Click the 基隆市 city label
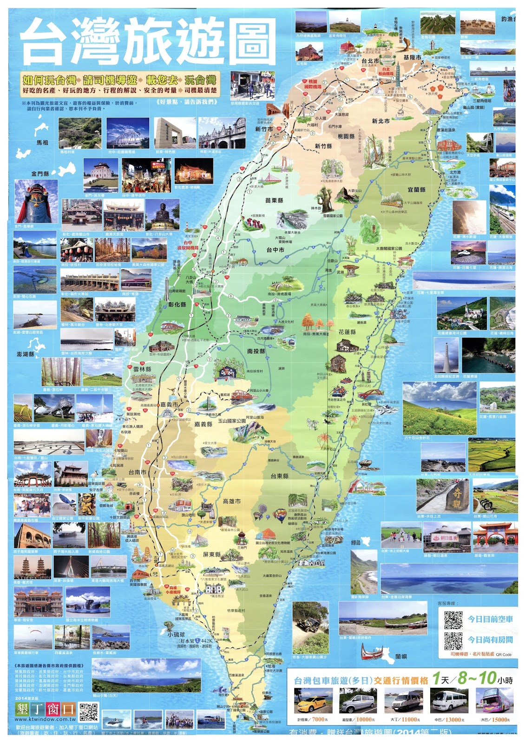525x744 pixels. [x=412, y=57]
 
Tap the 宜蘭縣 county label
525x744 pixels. [x=416, y=190]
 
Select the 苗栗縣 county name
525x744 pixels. [x=274, y=200]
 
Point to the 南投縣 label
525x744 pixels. [x=256, y=351]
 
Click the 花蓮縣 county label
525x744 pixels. [x=347, y=332]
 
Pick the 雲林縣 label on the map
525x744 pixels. [x=142, y=369]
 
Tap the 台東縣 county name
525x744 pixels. [x=279, y=476]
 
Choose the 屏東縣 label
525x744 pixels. [x=212, y=554]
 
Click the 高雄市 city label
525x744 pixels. [x=231, y=501]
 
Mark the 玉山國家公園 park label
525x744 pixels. [x=232, y=421]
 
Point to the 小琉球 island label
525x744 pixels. [x=176, y=634]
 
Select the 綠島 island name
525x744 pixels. [x=355, y=542]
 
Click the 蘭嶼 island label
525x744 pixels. [x=401, y=656]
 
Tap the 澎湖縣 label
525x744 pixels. [x=26, y=354]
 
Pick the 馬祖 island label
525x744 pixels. [x=42, y=142]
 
